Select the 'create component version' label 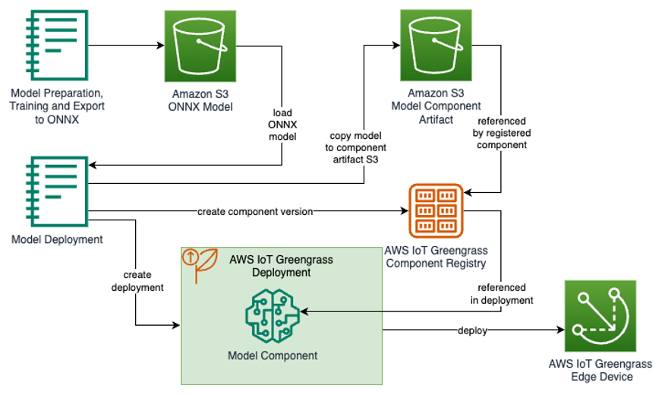click(x=255, y=212)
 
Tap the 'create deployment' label click(x=137, y=280)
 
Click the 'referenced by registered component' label click(x=502, y=133)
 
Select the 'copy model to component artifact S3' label click(x=358, y=147)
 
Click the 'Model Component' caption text click(x=273, y=355)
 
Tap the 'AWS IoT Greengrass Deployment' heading click(x=281, y=266)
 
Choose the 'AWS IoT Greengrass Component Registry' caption click(x=436, y=257)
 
